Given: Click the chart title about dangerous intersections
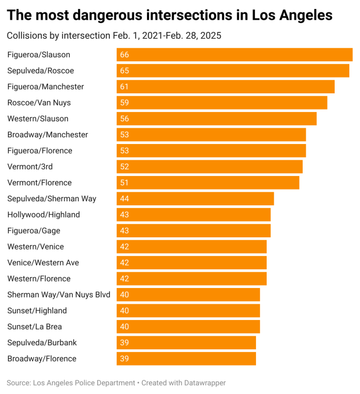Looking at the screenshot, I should pos(169,15).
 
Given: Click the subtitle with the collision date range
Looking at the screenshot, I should pos(114,36).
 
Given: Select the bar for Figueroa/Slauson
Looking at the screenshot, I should pos(234,55).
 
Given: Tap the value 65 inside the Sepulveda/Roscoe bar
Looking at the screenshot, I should pos(124,70).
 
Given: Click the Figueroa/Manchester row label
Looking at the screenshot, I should pos(46,87).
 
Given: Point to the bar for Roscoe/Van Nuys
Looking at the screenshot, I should pos(222,102).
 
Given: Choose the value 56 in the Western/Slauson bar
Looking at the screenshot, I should pos(124,119).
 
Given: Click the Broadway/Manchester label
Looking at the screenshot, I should pos(48,135).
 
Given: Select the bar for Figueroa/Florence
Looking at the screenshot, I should pos(211,151).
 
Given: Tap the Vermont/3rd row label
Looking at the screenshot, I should pos(30,167).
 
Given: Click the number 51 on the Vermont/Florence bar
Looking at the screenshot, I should pos(124,183).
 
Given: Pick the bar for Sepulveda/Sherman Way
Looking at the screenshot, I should pos(195,199).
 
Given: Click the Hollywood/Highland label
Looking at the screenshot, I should pos(44,214).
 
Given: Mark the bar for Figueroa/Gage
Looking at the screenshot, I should pos(193,231).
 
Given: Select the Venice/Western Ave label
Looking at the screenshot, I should pos(43,263).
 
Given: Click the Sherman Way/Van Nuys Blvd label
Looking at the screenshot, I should pos(59,295).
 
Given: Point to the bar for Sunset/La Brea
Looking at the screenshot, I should pos(188,327).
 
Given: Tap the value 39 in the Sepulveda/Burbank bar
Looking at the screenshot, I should pos(124,343).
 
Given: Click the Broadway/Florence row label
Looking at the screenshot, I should pos(42,359).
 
